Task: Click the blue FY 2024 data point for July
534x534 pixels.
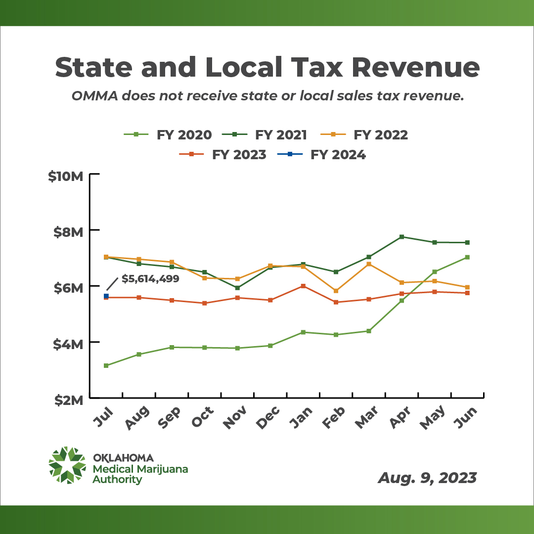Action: pos(106,296)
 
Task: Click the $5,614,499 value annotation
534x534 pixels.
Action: pos(150,278)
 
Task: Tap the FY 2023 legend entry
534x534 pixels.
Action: pos(225,155)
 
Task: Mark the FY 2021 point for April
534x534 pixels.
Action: pos(401,237)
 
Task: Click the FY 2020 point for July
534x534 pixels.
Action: pos(106,365)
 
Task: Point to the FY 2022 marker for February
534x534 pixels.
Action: pos(336,291)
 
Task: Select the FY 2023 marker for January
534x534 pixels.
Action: pos(303,286)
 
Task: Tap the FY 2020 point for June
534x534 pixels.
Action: pos(467,257)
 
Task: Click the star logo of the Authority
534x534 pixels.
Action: pos(67,465)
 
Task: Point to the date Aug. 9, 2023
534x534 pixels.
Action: pos(427,478)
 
